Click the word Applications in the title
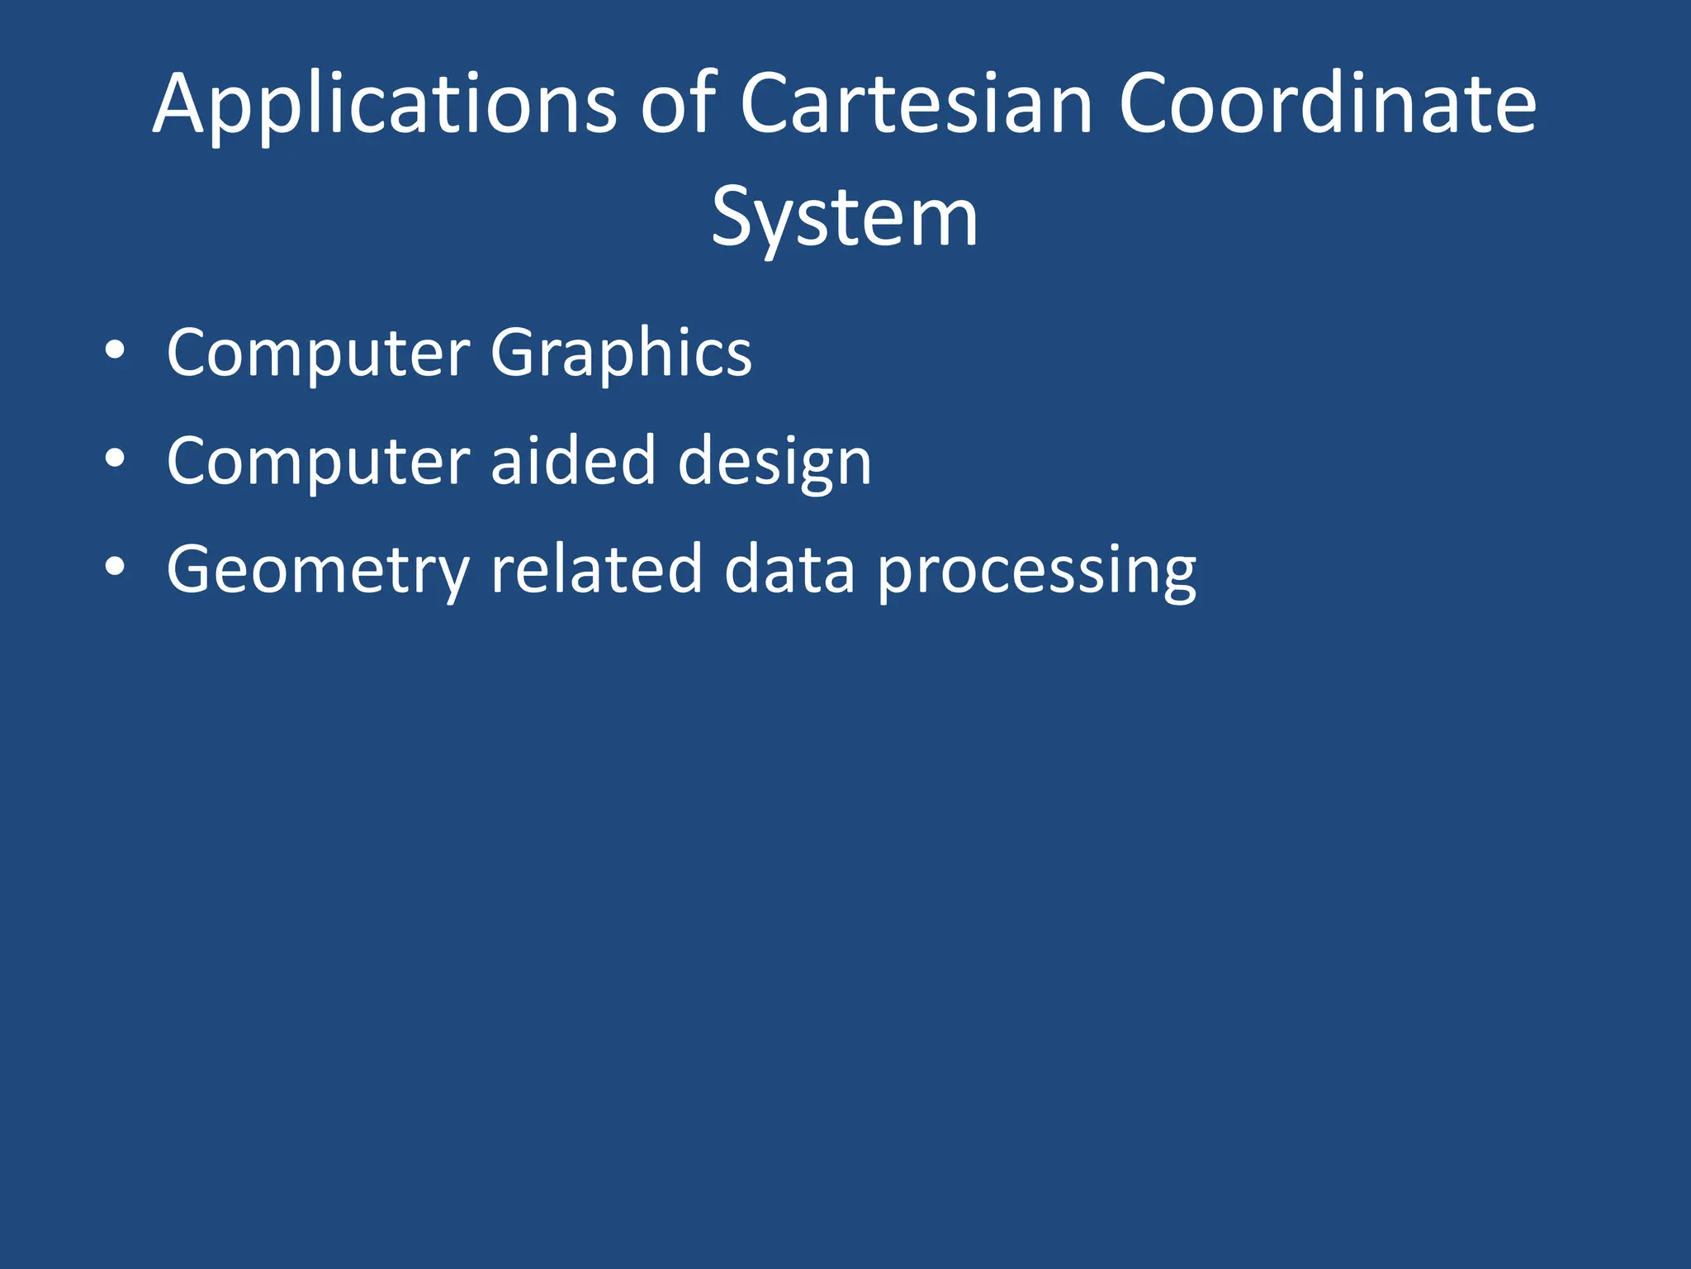click(x=385, y=106)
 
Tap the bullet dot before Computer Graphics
click(x=116, y=350)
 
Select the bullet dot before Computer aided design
click(x=116, y=459)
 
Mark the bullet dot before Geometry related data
click(x=116, y=568)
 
